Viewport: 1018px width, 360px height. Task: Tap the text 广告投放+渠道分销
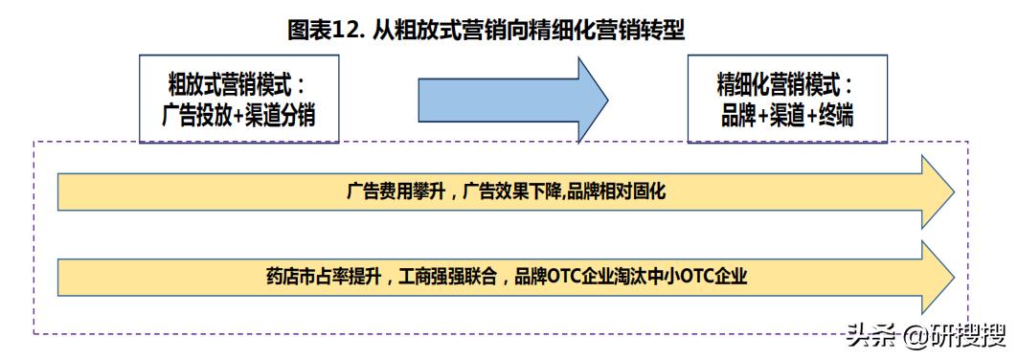pos(238,116)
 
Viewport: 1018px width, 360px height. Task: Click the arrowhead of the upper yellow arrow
pos(938,192)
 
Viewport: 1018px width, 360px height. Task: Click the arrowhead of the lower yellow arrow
pos(938,277)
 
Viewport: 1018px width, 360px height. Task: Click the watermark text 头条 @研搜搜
pos(925,336)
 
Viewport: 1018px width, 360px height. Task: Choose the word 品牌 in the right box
pos(738,116)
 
